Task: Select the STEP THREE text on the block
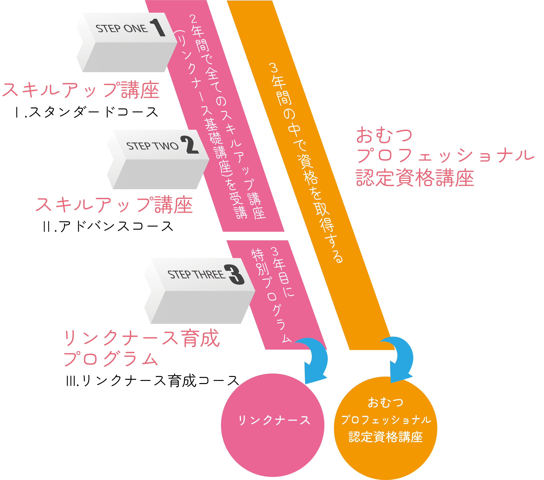pyautogui.click(x=196, y=274)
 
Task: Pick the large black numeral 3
pyautogui.click(x=234, y=274)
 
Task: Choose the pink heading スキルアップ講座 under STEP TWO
pyautogui.click(x=114, y=205)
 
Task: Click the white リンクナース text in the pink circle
pyautogui.click(x=274, y=420)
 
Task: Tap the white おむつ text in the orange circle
pyautogui.click(x=385, y=402)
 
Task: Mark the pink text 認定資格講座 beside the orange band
pyautogui.click(x=415, y=178)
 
